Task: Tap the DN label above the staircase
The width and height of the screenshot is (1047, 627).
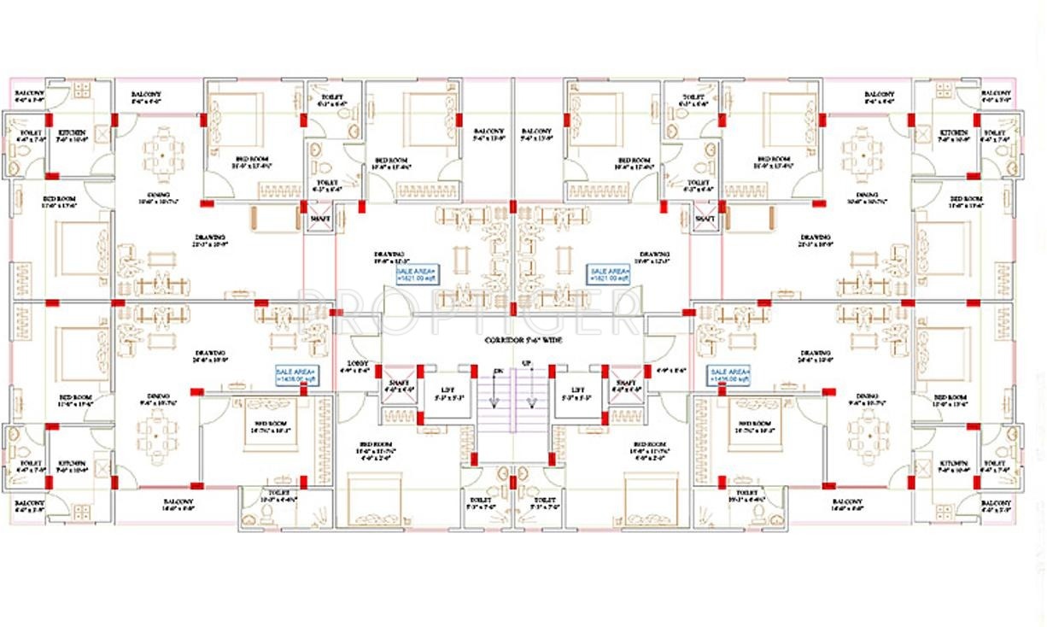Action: pos(498,370)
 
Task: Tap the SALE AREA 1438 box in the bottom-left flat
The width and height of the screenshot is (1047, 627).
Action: pos(295,376)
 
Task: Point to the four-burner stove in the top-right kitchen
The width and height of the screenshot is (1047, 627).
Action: pos(944,90)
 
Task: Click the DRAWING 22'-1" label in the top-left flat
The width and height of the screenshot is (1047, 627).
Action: pos(209,240)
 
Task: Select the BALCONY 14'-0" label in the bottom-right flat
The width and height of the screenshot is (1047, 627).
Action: pos(846,504)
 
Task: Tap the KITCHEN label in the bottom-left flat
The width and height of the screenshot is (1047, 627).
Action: pos(70,466)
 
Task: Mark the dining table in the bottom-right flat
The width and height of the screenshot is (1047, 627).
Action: pos(868,432)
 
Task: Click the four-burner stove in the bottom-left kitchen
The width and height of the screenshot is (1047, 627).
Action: pos(82,512)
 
